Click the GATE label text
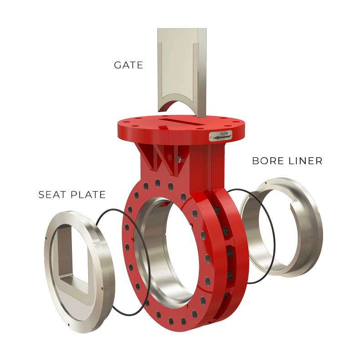click(128, 65)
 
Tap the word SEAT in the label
click(52, 195)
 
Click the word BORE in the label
click(268, 161)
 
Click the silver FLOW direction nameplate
click(221, 136)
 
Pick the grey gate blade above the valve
click(182, 72)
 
